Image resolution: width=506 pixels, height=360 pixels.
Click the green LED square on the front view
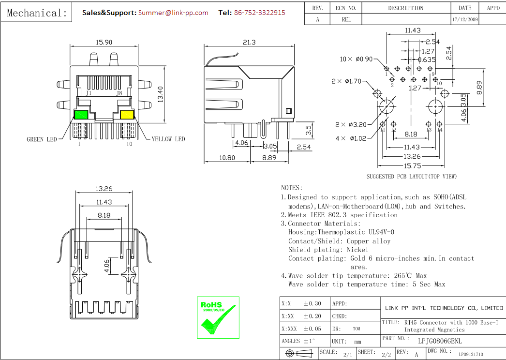click(81, 115)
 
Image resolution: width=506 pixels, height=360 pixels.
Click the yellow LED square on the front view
click(127, 115)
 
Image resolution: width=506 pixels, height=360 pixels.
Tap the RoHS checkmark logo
click(218, 317)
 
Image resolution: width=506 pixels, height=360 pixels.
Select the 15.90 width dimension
click(104, 43)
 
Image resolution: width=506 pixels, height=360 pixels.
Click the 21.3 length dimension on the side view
click(249, 43)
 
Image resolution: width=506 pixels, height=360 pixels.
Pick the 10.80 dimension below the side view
click(227, 158)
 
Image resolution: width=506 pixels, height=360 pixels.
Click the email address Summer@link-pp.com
click(173, 13)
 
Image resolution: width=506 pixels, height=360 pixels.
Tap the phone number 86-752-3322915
click(259, 13)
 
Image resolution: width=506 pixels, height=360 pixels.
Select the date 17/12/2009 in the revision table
click(465, 20)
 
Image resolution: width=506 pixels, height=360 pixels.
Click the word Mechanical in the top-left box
click(37, 13)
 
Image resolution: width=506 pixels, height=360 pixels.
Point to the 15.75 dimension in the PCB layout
click(412, 165)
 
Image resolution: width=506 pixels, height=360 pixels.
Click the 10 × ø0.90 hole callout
click(357, 59)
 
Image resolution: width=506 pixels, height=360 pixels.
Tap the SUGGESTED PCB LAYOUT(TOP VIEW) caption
click(411, 177)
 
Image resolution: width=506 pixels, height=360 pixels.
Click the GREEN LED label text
click(42, 139)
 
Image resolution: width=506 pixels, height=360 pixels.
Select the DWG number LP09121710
click(471, 354)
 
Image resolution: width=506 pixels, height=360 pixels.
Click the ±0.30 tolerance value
click(312, 304)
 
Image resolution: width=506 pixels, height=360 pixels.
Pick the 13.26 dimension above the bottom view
click(104, 189)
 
